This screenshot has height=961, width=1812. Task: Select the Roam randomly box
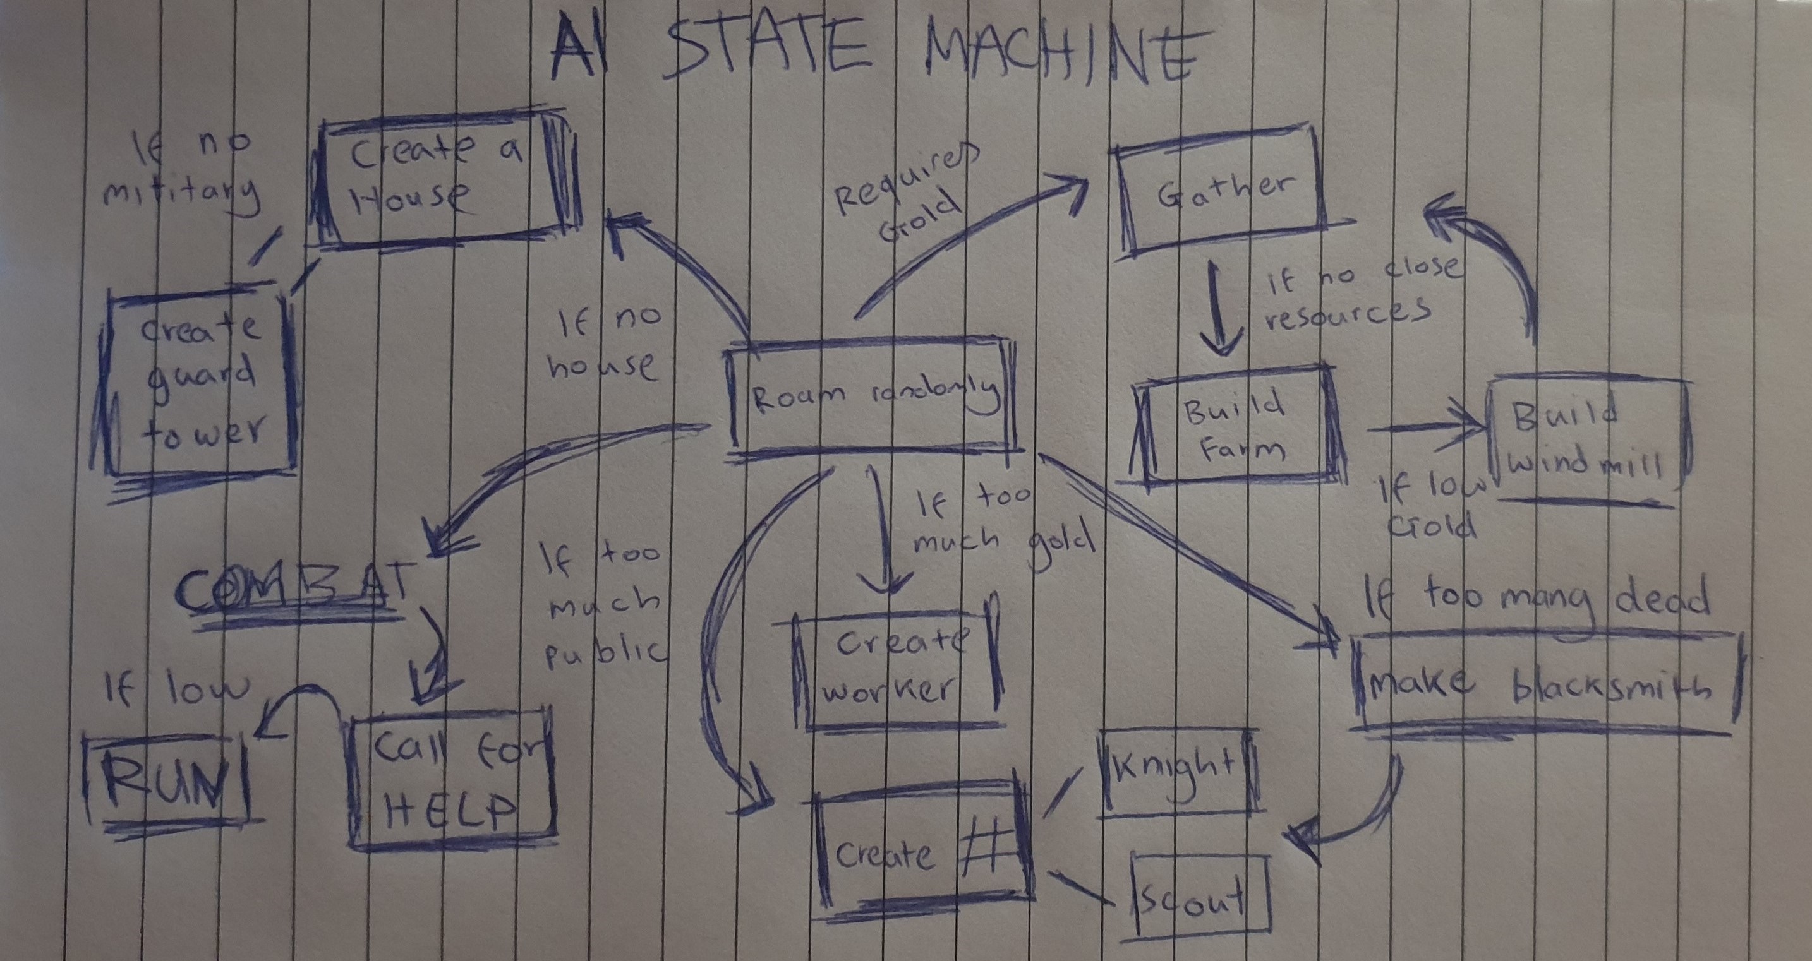[x=873, y=397]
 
